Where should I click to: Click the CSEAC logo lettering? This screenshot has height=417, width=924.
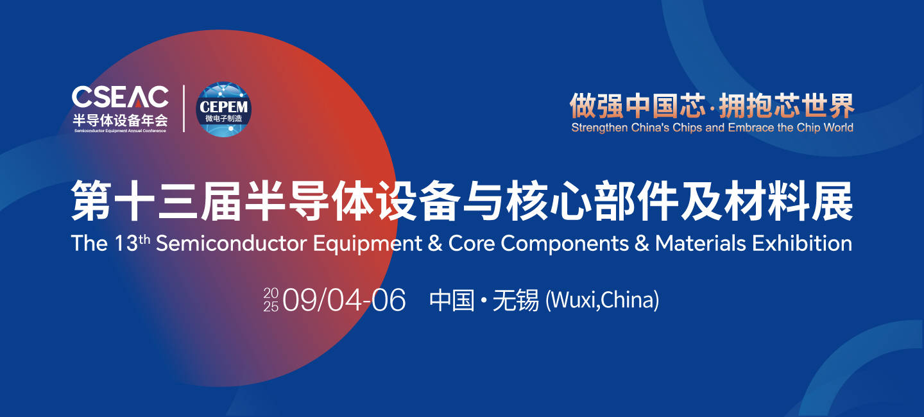tap(120, 97)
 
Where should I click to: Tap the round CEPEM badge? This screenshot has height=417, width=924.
tap(223, 109)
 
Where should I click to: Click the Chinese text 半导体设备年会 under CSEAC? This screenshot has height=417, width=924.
tap(121, 120)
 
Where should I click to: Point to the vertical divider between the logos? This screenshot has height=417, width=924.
tap(184, 108)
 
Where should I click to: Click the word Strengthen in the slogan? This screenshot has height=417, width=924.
tap(600, 128)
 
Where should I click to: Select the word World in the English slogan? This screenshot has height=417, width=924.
tap(839, 128)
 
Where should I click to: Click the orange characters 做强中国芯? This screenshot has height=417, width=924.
tap(638, 106)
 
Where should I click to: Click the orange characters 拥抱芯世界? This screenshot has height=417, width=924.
tap(787, 106)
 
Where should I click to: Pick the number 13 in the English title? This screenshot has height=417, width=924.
tap(126, 243)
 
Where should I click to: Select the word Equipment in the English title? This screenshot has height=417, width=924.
tap(368, 244)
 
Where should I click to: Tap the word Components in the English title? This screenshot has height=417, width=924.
tap(565, 244)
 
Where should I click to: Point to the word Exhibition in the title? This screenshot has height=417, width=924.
tap(802, 243)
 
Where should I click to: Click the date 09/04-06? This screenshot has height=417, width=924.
tap(345, 300)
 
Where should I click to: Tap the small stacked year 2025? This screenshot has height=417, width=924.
tap(271, 300)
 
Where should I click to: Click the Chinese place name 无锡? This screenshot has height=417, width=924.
tap(516, 300)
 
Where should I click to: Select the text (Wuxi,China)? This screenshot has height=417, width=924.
tap(603, 300)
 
